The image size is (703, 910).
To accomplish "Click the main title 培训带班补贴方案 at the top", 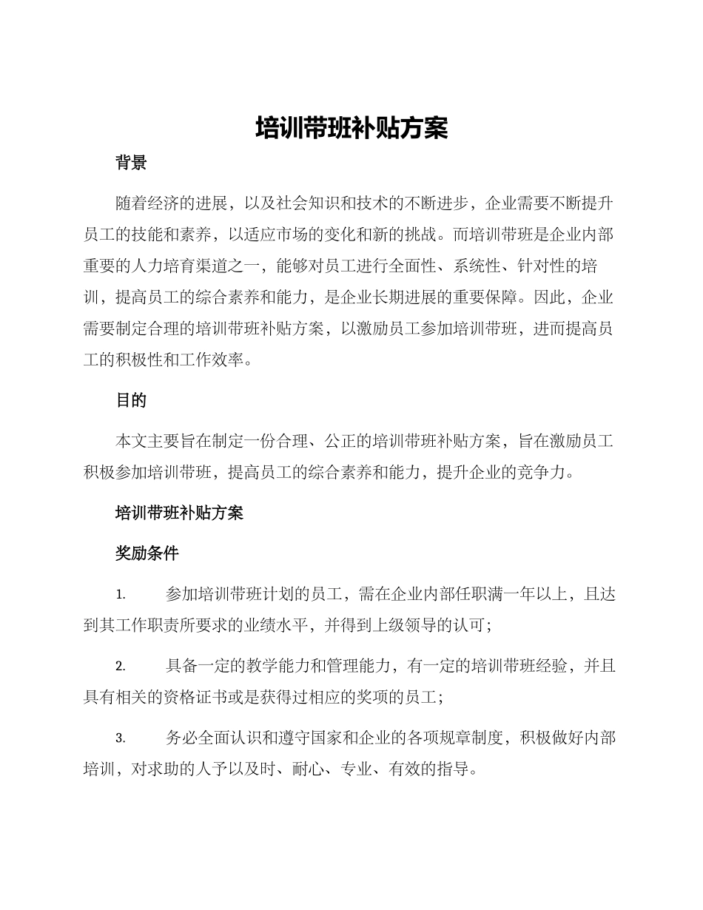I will coord(351,128).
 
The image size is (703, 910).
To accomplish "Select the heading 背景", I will coord(131,164).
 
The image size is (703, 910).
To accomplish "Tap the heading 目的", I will coord(131,400).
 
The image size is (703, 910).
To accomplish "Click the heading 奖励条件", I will coord(147,553).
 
